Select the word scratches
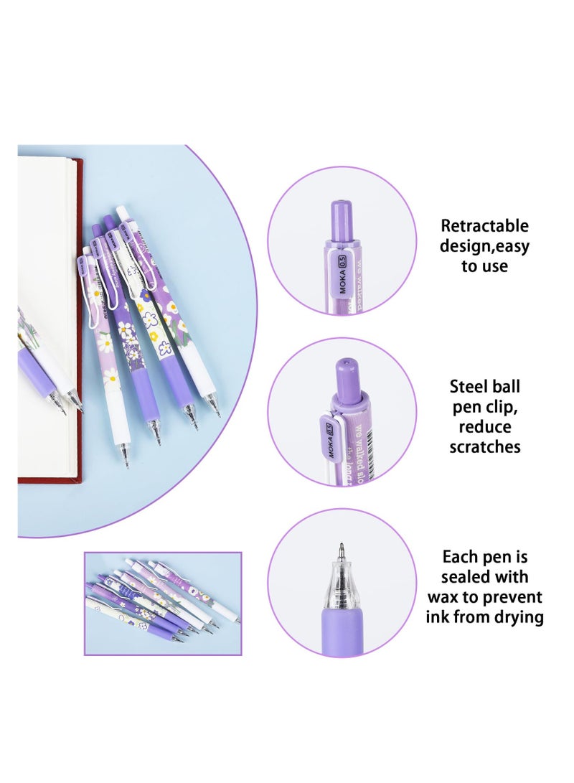[x=485, y=447]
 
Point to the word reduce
[x=485, y=427]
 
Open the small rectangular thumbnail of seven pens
[x=163, y=603]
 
